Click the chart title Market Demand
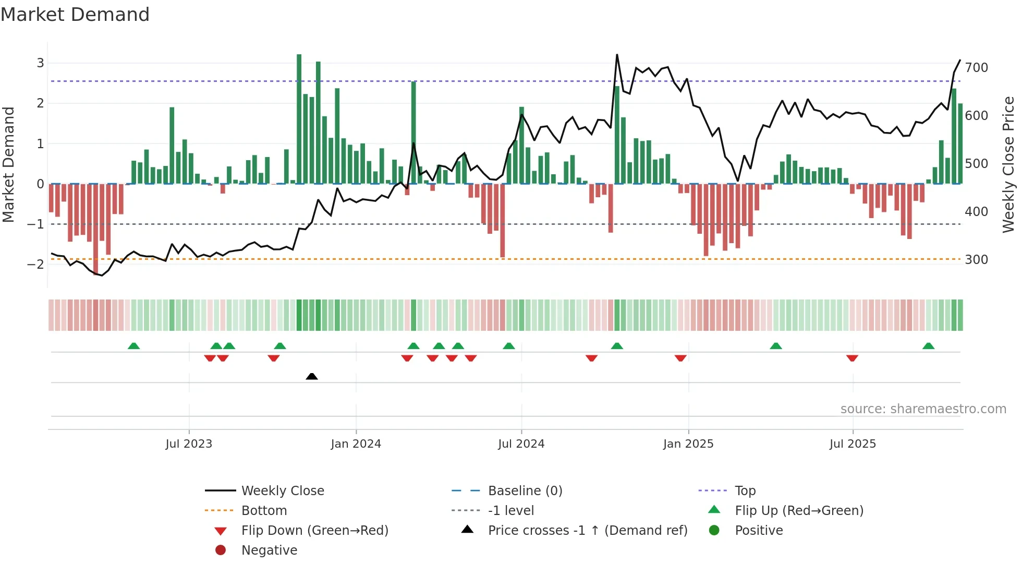click(75, 15)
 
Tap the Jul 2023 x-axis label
click(189, 444)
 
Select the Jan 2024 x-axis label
click(356, 444)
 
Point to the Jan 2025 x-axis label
click(688, 444)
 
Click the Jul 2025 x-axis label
click(853, 444)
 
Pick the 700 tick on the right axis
click(977, 68)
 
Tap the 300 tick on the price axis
click(977, 260)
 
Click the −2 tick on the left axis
click(35, 264)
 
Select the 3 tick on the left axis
click(40, 63)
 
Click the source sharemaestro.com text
click(923, 409)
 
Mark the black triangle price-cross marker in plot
click(312, 376)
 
